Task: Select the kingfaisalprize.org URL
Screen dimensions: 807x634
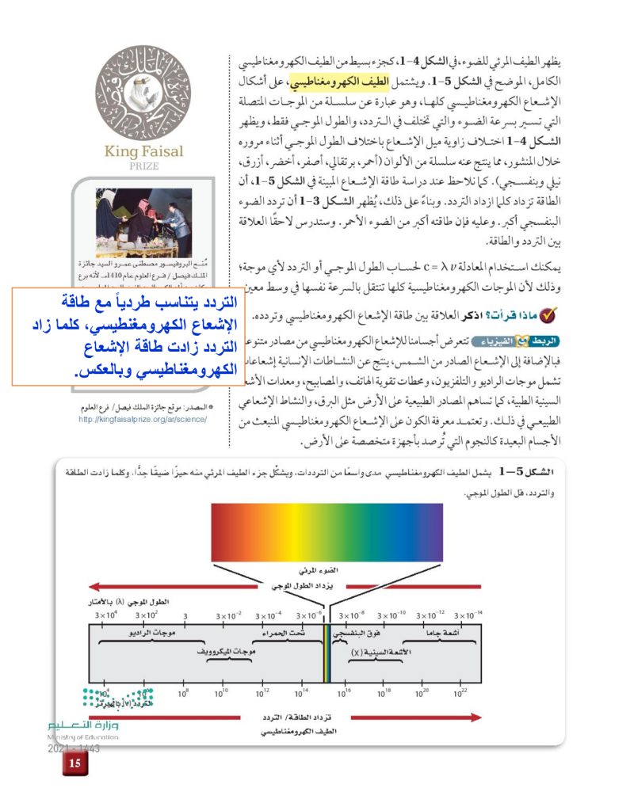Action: point(143,417)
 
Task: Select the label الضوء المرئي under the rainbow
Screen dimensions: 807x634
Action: point(326,569)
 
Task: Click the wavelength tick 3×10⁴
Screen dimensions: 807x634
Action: point(105,615)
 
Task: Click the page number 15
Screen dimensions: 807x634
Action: point(75,763)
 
